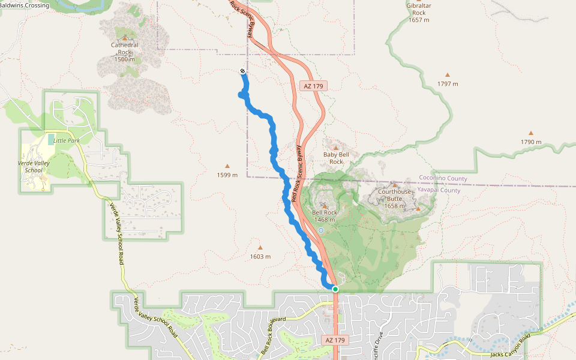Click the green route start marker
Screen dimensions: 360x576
[x=335, y=289]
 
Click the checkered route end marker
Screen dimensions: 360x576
[x=242, y=71]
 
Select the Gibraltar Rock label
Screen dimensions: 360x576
[x=419, y=13]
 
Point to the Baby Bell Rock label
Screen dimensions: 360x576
[x=336, y=158]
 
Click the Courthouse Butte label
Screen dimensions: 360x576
[x=395, y=199]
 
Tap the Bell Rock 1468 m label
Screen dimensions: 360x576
[x=325, y=216]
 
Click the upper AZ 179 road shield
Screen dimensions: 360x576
[x=314, y=86]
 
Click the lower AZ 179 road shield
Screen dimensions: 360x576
[x=335, y=340]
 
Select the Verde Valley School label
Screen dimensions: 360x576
[x=34, y=166]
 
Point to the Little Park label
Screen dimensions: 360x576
[x=66, y=140]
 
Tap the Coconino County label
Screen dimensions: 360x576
[x=443, y=179]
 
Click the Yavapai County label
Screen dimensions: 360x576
[x=440, y=190]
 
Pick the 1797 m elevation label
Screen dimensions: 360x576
[x=448, y=84]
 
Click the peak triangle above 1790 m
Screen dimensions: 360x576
[x=530, y=133]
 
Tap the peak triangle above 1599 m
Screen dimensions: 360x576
[x=227, y=166]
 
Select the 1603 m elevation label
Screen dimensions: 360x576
[x=260, y=257]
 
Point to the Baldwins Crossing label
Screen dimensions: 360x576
[x=25, y=5]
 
